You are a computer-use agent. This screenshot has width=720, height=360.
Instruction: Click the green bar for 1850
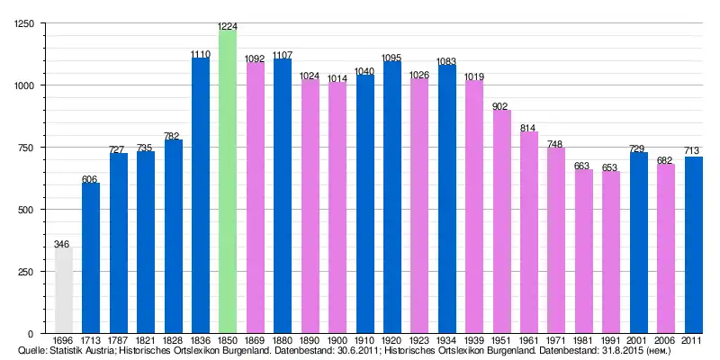pos(228,180)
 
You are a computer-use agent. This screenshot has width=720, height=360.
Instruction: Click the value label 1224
pos(228,25)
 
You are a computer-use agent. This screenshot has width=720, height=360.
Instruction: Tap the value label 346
pos(62,243)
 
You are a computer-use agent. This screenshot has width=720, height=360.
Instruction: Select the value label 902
pos(501,105)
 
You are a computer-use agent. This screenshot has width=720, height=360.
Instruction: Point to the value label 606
pos(90,179)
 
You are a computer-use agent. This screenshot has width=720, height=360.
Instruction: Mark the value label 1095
pos(391,58)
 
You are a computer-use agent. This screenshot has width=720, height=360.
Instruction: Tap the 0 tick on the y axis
pos(31,333)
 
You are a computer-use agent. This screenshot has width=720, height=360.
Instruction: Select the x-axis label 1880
pos(283,340)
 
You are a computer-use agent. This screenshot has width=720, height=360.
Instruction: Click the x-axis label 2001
pos(638,340)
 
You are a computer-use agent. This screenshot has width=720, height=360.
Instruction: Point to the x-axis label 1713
pos(90,340)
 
